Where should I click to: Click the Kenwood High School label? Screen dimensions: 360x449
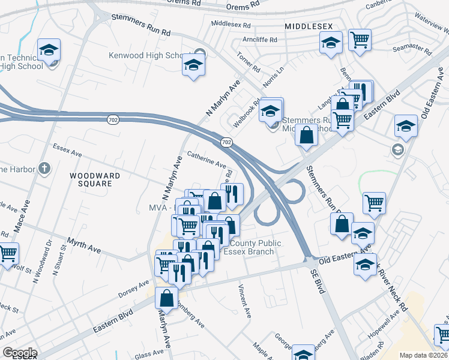point(146,56)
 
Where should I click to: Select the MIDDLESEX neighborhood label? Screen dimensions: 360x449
point(309,27)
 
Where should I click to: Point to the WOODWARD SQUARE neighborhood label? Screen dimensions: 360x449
point(95,179)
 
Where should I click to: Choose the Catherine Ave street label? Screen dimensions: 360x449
point(206,160)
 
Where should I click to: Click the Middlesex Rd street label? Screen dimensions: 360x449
point(231,23)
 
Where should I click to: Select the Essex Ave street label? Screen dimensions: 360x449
point(67,149)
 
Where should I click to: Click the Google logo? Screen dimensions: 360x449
point(19,353)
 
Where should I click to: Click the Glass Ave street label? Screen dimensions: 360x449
point(146,355)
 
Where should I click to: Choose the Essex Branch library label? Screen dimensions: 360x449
point(249,251)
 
